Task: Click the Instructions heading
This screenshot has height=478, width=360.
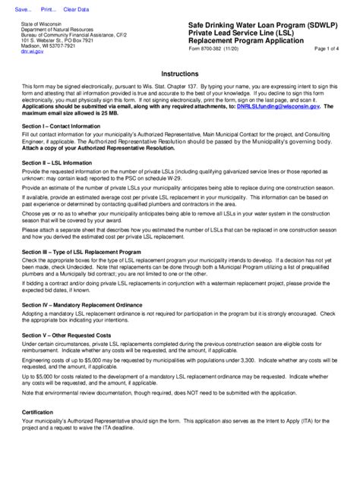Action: click(179, 74)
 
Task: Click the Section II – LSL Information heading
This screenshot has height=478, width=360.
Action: click(56, 162)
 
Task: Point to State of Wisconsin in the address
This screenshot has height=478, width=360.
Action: click(42, 24)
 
